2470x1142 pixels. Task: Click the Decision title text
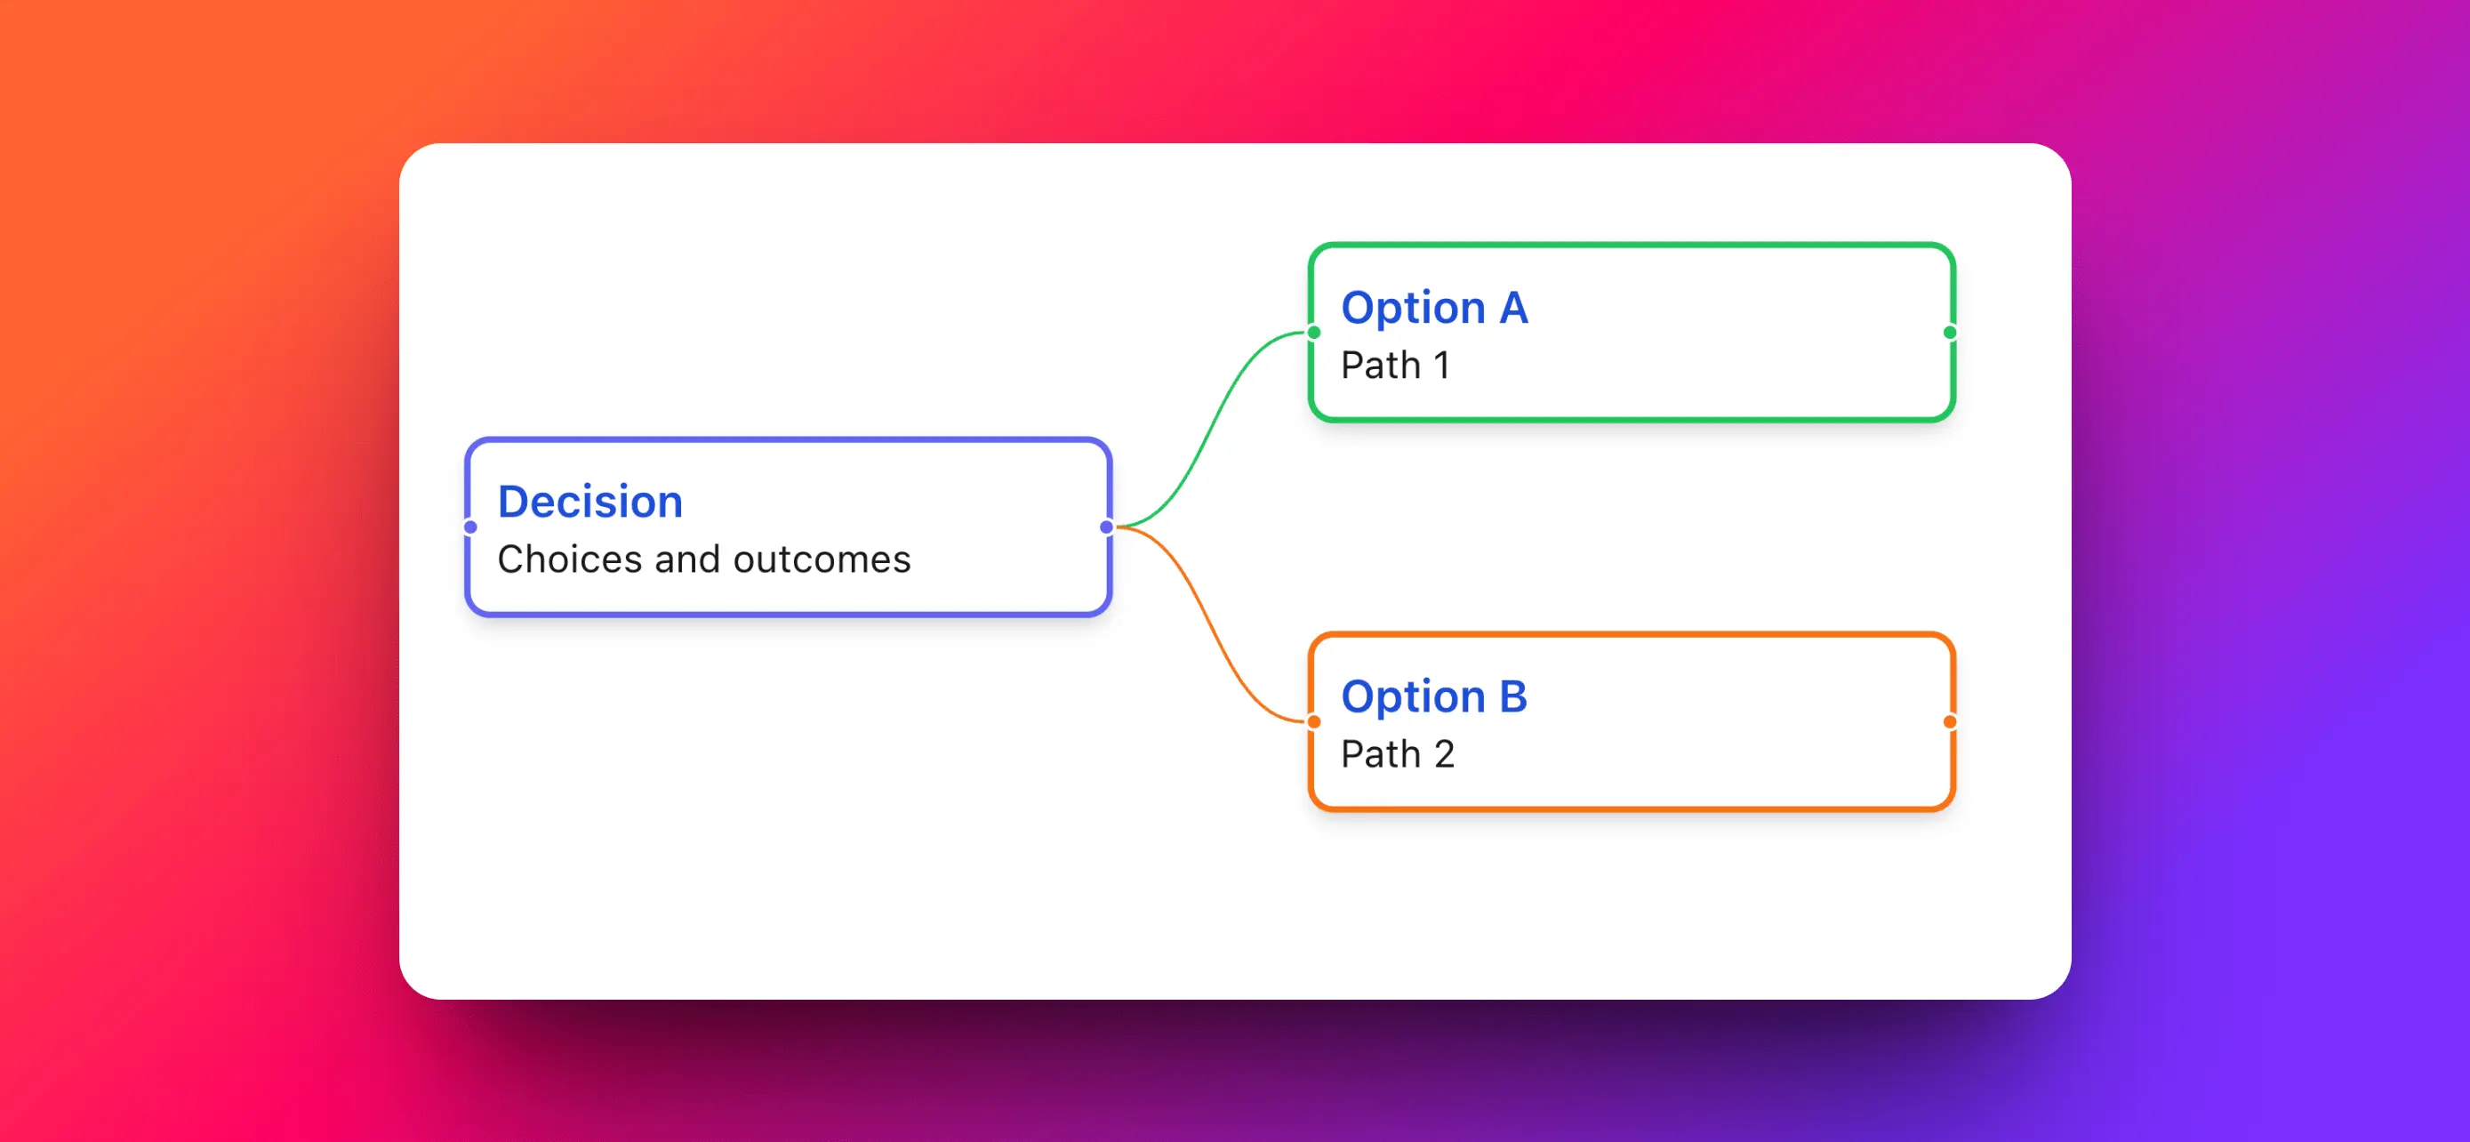click(x=589, y=503)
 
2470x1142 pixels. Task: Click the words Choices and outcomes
click(x=704, y=560)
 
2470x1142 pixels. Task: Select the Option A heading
click(x=1433, y=308)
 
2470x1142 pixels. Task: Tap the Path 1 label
click(x=1395, y=366)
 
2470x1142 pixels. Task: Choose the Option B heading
click(x=1433, y=697)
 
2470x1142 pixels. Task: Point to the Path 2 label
click(x=1397, y=754)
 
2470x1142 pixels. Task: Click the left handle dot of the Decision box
click(x=469, y=527)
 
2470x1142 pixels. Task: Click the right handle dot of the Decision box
click(x=1106, y=527)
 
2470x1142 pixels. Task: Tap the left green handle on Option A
click(x=1313, y=333)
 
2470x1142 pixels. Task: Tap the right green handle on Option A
click(x=1949, y=333)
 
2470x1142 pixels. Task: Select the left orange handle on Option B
click(x=1313, y=722)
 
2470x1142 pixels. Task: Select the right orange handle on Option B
click(x=1949, y=722)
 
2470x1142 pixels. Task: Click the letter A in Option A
click(x=1513, y=308)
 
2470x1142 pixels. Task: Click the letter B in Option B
click(x=1512, y=697)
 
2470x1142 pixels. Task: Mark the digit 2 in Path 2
click(x=1444, y=754)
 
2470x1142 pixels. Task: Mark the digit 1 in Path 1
click(x=1441, y=366)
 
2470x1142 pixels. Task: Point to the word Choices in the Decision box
click(x=570, y=560)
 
